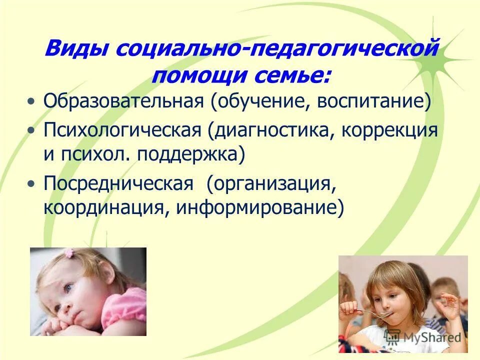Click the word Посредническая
[x=118, y=183]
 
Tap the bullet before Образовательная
[x=32, y=102]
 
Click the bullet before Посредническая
[x=32, y=184]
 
